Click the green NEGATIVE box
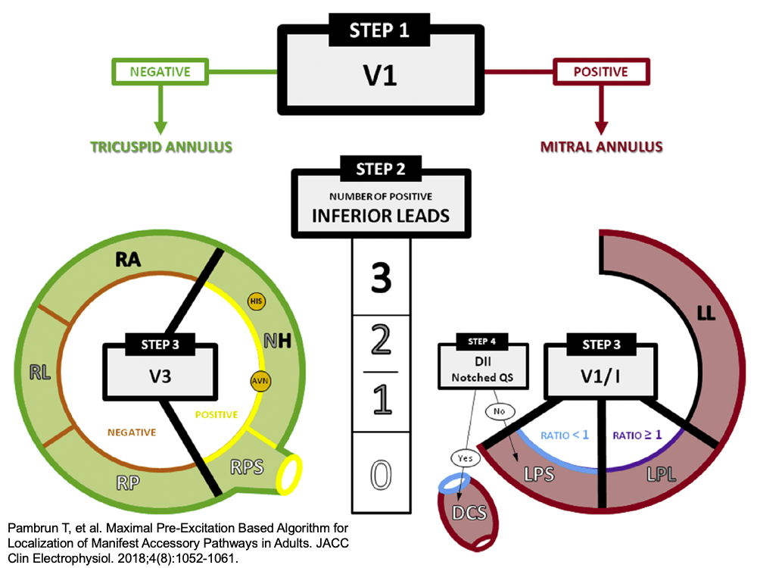point(160,72)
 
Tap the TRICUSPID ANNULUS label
point(160,145)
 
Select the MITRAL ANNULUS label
point(602,145)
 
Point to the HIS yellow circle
point(257,301)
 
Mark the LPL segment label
point(663,475)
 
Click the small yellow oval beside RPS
point(289,474)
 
